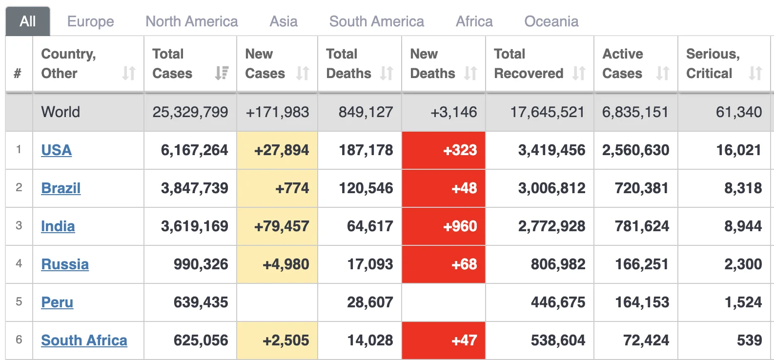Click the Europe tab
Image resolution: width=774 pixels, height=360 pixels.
coord(91,21)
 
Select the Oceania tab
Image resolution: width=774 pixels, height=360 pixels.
coord(551,21)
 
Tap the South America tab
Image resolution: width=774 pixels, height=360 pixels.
coord(377,21)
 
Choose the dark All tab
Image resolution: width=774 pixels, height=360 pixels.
coord(28,21)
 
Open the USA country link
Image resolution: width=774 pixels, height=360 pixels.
coord(56,150)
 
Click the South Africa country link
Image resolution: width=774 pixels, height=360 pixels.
coord(84,340)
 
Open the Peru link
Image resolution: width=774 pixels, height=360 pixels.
coord(57,302)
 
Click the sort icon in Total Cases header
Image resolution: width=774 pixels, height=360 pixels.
coord(222,73)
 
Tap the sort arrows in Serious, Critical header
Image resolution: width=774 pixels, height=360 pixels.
coord(755,73)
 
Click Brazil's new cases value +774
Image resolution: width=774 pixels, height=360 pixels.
coord(292,188)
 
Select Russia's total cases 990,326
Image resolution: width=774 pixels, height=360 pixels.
coord(201,264)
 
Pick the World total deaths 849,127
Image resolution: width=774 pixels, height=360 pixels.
coord(366,112)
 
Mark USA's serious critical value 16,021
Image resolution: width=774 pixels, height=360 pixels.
coord(739,150)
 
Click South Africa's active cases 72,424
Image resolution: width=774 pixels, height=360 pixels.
coord(646,340)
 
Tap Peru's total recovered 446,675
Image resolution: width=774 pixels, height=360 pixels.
coord(558,302)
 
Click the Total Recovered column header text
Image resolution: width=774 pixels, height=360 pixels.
coord(529,63)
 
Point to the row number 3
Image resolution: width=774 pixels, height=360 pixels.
coord(19,225)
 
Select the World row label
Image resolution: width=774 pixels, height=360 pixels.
coord(61,112)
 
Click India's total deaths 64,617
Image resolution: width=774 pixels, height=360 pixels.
coord(370,226)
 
